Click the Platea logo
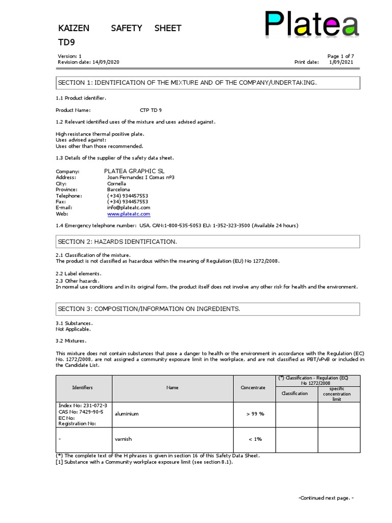tap(311, 25)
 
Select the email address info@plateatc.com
tap(129, 208)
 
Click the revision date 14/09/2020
tap(106, 62)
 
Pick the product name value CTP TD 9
tap(151, 110)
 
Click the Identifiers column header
tap(83, 388)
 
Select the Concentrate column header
tap(253, 388)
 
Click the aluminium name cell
tap(127, 414)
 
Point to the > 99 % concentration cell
tap(255, 414)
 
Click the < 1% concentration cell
tap(255, 439)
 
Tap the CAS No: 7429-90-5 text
tap(81, 412)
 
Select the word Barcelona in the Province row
tap(119, 189)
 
